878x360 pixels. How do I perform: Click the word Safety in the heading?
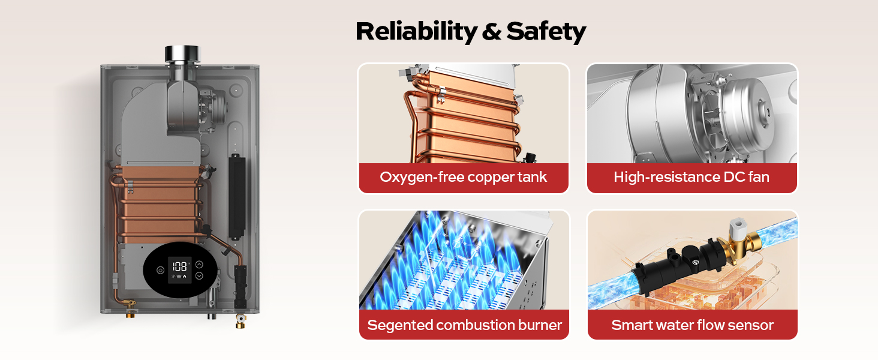pyautogui.click(x=546, y=31)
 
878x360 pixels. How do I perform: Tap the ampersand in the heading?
pyautogui.click(x=491, y=31)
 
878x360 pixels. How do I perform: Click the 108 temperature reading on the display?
pyautogui.click(x=179, y=266)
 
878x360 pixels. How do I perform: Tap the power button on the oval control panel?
pyautogui.click(x=160, y=270)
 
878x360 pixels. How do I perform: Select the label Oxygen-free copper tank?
pyautogui.click(x=463, y=177)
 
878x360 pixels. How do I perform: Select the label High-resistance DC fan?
pyautogui.click(x=691, y=177)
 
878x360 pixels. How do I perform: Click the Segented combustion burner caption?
pyautogui.click(x=464, y=325)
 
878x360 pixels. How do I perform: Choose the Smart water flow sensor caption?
pyautogui.click(x=692, y=325)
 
